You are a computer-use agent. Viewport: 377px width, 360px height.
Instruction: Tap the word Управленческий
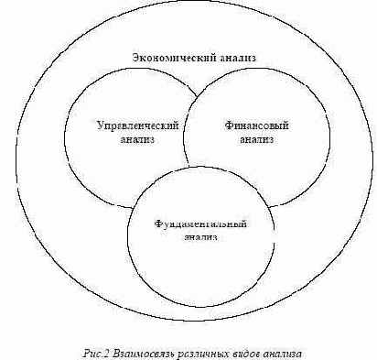pyautogui.click(x=137, y=126)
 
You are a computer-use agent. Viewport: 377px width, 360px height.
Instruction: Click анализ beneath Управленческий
pyautogui.click(x=137, y=139)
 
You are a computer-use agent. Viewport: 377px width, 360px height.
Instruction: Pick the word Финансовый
pyautogui.click(x=256, y=125)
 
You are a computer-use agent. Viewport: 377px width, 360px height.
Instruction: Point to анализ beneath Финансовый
pyautogui.click(x=256, y=139)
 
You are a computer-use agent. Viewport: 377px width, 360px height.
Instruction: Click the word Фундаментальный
pyautogui.click(x=200, y=224)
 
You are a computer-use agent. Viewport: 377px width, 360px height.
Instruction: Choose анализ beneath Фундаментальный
pyautogui.click(x=200, y=237)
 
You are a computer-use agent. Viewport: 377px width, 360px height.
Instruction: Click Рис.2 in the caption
pyautogui.click(x=96, y=355)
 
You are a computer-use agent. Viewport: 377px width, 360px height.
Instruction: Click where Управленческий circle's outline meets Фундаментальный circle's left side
pyautogui.click(x=134, y=208)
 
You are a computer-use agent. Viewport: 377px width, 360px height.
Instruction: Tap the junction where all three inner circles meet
pyautogui.click(x=188, y=167)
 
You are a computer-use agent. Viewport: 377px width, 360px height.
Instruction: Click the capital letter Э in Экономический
pyautogui.click(x=135, y=58)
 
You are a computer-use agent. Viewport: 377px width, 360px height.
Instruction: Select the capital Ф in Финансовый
pyautogui.click(x=229, y=125)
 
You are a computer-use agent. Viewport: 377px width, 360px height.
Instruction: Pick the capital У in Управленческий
pyautogui.click(x=101, y=126)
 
